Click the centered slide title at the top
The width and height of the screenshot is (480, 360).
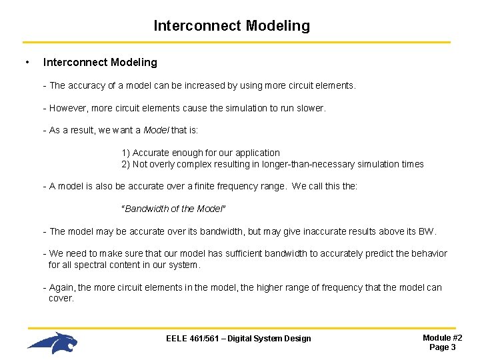(231, 26)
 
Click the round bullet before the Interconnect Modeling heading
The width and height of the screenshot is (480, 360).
(26, 63)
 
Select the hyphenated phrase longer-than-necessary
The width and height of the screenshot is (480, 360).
(314, 164)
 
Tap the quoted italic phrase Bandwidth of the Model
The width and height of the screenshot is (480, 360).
(173, 209)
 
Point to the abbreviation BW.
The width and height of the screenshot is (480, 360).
(427, 232)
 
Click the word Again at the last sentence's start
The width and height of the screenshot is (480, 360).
(63, 288)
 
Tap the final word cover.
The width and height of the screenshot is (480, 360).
(61, 299)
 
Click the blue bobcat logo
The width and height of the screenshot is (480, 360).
(53, 343)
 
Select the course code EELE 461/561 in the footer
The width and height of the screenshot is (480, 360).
(193, 339)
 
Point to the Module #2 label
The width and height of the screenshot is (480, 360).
(442, 338)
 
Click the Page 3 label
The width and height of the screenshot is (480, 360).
(442, 347)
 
